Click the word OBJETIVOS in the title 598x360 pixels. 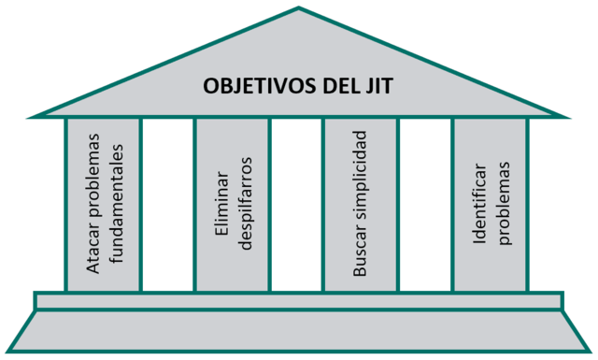coord(249,89)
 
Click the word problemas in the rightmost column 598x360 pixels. coord(504,204)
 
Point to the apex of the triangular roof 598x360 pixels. coord(299,9)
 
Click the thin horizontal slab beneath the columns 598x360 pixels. coord(299,300)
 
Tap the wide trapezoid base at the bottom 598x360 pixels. coord(299,331)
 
